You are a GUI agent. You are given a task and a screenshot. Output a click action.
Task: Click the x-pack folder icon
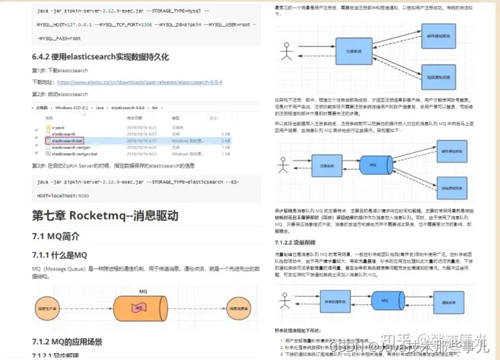click(47, 128)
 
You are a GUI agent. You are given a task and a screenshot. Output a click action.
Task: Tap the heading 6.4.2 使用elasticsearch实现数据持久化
click(100, 57)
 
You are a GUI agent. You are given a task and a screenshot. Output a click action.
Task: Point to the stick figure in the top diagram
click(285, 49)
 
